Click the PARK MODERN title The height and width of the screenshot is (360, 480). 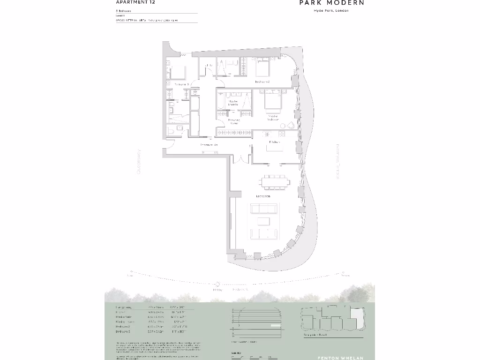(332, 3)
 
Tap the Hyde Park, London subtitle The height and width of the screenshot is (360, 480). (331, 11)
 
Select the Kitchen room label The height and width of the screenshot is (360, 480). (275, 142)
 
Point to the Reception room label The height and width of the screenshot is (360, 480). (263, 196)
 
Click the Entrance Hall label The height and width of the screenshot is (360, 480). (209, 145)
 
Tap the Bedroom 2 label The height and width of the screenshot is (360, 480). (262, 82)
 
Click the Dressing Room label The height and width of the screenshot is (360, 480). (234, 121)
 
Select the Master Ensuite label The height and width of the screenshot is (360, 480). (233, 102)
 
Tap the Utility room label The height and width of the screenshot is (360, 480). (209, 65)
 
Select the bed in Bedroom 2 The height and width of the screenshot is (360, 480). (262, 68)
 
